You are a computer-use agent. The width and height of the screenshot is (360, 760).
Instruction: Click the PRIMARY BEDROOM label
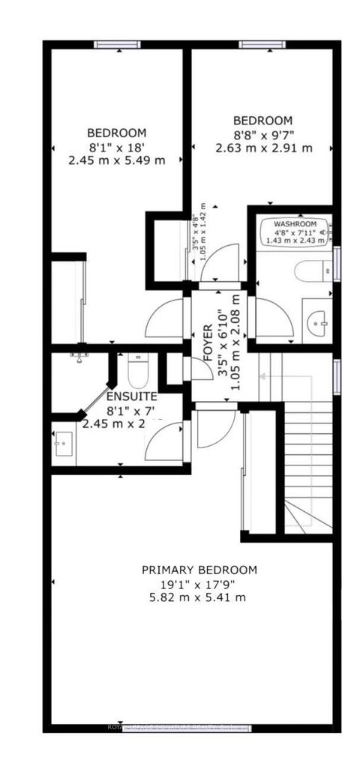(x=199, y=570)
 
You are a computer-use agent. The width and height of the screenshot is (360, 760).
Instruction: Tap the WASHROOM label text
(x=295, y=224)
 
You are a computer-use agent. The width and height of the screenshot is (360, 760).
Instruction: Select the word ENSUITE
(x=131, y=396)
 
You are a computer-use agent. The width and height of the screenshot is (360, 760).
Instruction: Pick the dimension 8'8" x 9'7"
(x=262, y=134)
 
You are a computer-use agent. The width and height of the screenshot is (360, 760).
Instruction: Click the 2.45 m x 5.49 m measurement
(x=115, y=160)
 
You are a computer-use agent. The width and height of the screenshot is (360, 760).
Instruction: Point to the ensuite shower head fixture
(x=76, y=354)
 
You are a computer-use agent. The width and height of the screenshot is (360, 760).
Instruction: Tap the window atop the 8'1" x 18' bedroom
(x=118, y=44)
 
